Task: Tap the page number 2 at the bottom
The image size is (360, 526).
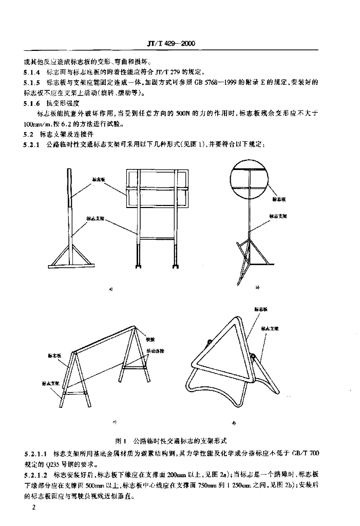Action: tap(33, 508)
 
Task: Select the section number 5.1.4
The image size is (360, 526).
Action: tap(32, 72)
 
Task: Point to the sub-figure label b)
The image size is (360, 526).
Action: tap(258, 287)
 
